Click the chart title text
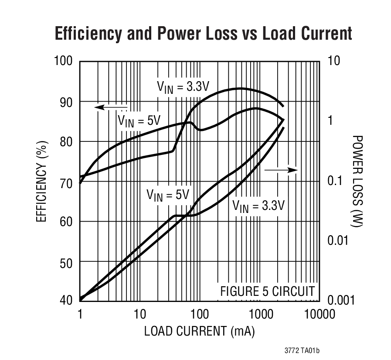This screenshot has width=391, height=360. pos(203,34)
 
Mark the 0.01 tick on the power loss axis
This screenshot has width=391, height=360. pos(339,240)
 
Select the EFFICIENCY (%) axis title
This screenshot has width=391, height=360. pos(41,180)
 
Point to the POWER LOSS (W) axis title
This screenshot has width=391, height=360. pos(357,180)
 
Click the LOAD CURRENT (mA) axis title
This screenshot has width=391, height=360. pos(199,331)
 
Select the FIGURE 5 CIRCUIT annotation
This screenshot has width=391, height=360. pos(267,291)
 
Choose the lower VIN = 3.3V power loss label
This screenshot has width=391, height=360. pos(258,205)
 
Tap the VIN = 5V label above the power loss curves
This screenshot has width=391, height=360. pos(168,195)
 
